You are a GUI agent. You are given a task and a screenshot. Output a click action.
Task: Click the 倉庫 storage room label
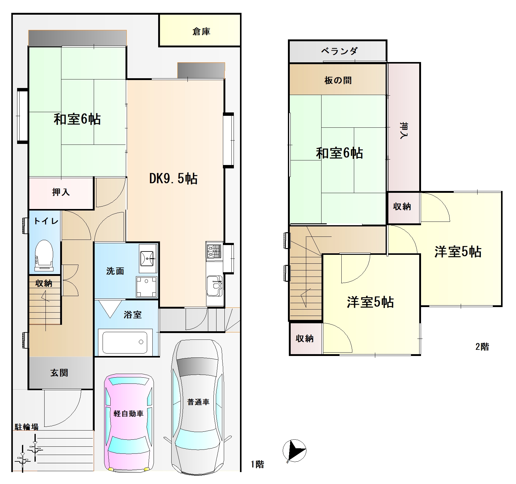pos(201,31)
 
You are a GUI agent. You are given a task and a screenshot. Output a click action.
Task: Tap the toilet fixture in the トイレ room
pos(44,255)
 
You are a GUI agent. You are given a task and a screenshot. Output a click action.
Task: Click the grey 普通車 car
pos(198,406)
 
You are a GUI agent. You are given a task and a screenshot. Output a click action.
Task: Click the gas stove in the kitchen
pos(214,251)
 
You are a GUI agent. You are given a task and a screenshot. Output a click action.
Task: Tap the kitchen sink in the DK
pos(215,286)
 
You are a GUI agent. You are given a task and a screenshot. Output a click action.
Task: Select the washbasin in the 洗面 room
pos(148,258)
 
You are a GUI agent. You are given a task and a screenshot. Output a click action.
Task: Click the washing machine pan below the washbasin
pos(147,287)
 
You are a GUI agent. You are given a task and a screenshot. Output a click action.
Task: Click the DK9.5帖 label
pos(173,178)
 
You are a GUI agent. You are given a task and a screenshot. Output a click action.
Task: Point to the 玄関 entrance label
pos(59,373)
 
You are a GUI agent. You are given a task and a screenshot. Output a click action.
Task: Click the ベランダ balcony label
pos(339,51)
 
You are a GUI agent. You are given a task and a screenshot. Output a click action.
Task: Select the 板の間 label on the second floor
pos(338,80)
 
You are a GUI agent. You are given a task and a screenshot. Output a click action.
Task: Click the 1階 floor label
pos(257,464)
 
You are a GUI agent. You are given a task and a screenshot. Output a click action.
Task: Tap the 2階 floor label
pos(482,346)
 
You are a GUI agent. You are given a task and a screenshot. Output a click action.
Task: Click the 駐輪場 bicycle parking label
pos(27,427)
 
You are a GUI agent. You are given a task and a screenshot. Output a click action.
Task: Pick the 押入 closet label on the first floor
pos(61,192)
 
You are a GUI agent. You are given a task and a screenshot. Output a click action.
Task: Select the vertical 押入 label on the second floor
pos(404,131)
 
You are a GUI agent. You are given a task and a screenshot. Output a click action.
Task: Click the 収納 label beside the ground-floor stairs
pos(44,283)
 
